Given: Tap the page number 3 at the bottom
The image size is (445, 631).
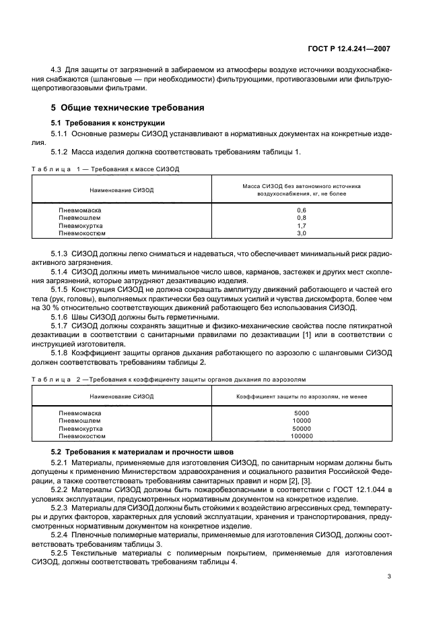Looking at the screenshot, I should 389,576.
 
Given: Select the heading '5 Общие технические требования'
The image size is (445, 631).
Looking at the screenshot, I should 128,108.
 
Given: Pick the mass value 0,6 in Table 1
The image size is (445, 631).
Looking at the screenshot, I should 301,210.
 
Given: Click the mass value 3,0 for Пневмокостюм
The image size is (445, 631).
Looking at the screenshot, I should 301,233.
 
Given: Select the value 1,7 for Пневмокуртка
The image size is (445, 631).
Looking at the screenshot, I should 301,226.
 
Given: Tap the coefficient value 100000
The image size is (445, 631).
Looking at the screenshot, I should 301,435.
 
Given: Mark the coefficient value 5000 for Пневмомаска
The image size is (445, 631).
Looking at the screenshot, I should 301,413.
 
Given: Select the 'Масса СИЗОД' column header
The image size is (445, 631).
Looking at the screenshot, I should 301,188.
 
